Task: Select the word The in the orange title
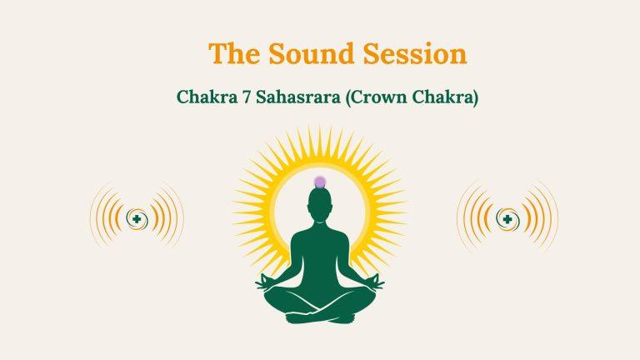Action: point(232,53)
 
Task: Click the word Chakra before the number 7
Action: point(205,97)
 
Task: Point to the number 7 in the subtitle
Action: point(242,97)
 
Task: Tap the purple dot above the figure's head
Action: point(319,182)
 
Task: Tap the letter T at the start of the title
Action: point(216,53)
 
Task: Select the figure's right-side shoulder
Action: point(342,228)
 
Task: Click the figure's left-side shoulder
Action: point(296,228)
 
